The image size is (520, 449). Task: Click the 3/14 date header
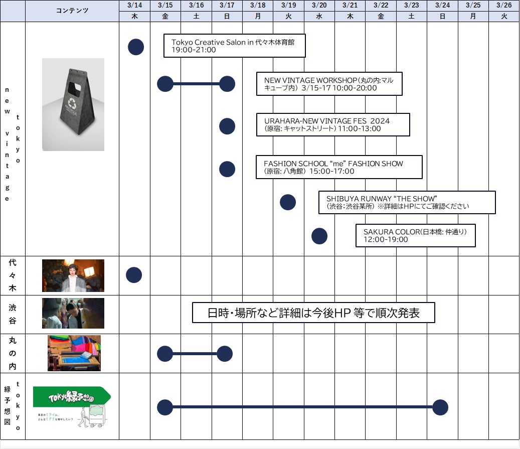click(134, 6)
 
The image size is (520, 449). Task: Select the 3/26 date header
click(503, 6)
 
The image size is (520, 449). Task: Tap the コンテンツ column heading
click(72, 11)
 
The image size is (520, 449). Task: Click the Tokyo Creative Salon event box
click(235, 46)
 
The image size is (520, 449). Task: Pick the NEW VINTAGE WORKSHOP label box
click(329, 84)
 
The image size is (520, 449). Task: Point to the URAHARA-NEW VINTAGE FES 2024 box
click(332, 125)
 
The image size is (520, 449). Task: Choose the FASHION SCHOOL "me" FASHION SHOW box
click(339, 167)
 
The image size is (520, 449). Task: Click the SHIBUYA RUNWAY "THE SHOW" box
click(407, 202)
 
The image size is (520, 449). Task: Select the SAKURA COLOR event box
click(415, 236)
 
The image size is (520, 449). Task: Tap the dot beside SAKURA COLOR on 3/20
click(319, 236)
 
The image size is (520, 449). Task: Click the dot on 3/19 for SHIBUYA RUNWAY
click(288, 202)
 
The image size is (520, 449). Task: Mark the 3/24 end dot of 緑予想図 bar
click(440, 407)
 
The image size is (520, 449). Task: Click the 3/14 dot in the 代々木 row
click(134, 275)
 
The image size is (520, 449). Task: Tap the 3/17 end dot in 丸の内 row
click(225, 354)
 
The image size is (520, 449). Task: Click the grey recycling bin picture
click(73, 104)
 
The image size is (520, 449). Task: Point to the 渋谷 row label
click(13, 315)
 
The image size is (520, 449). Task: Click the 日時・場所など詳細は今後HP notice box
click(313, 313)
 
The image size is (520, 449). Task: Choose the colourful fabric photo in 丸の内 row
click(74, 353)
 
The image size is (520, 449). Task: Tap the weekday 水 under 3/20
click(319, 17)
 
